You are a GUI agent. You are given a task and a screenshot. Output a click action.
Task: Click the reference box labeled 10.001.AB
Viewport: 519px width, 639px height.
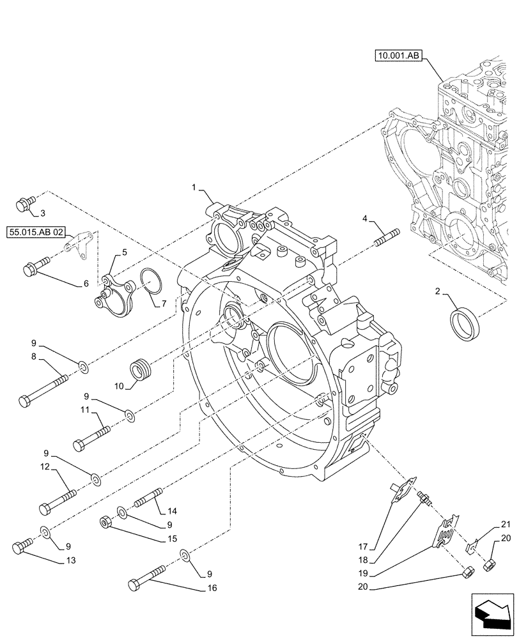click(x=399, y=56)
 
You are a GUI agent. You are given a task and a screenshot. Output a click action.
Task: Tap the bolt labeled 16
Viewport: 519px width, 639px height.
click(x=148, y=575)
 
